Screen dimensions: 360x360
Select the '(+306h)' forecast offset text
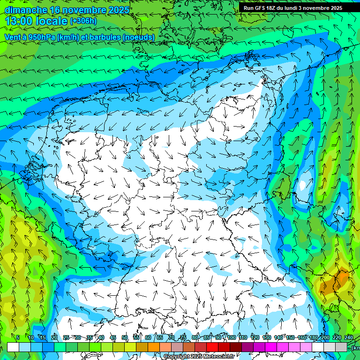click(84, 21)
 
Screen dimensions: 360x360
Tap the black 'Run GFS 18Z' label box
click(293, 7)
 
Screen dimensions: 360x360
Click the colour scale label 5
click(18, 337)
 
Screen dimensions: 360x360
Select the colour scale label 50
click(125, 337)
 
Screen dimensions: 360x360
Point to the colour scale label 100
click(232, 337)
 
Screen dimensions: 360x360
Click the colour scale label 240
click(349, 337)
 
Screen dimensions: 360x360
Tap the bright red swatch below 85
click(212, 347)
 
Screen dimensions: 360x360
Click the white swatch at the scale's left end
click(13, 347)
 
